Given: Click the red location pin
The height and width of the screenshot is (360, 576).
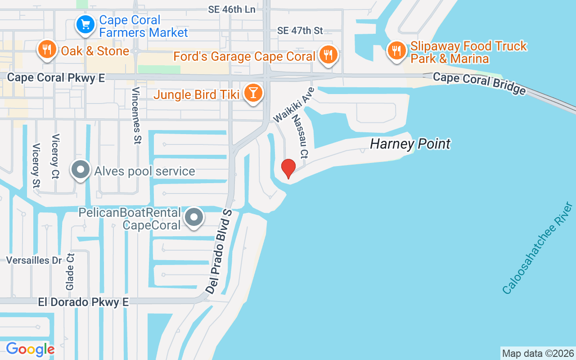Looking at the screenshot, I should point(288,169).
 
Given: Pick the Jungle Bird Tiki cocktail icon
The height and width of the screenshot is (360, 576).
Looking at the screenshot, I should point(253,93).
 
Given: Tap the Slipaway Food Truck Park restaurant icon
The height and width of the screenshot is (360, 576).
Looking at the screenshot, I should point(396,50).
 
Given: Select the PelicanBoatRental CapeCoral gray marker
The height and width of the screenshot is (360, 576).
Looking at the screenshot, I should point(194,217).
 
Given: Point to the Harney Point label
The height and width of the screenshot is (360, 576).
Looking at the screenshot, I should point(410,144).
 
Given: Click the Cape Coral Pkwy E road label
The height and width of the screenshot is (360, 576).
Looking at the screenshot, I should point(56,78).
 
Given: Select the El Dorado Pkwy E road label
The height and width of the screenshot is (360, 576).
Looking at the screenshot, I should point(83,302).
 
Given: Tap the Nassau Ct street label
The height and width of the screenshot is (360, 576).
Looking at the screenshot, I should point(300,136).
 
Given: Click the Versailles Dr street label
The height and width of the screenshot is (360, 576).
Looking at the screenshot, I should point(34,260).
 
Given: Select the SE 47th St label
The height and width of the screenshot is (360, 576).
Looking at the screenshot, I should point(300,31).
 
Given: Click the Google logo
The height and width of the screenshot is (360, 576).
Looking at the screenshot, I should point(30,349).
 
